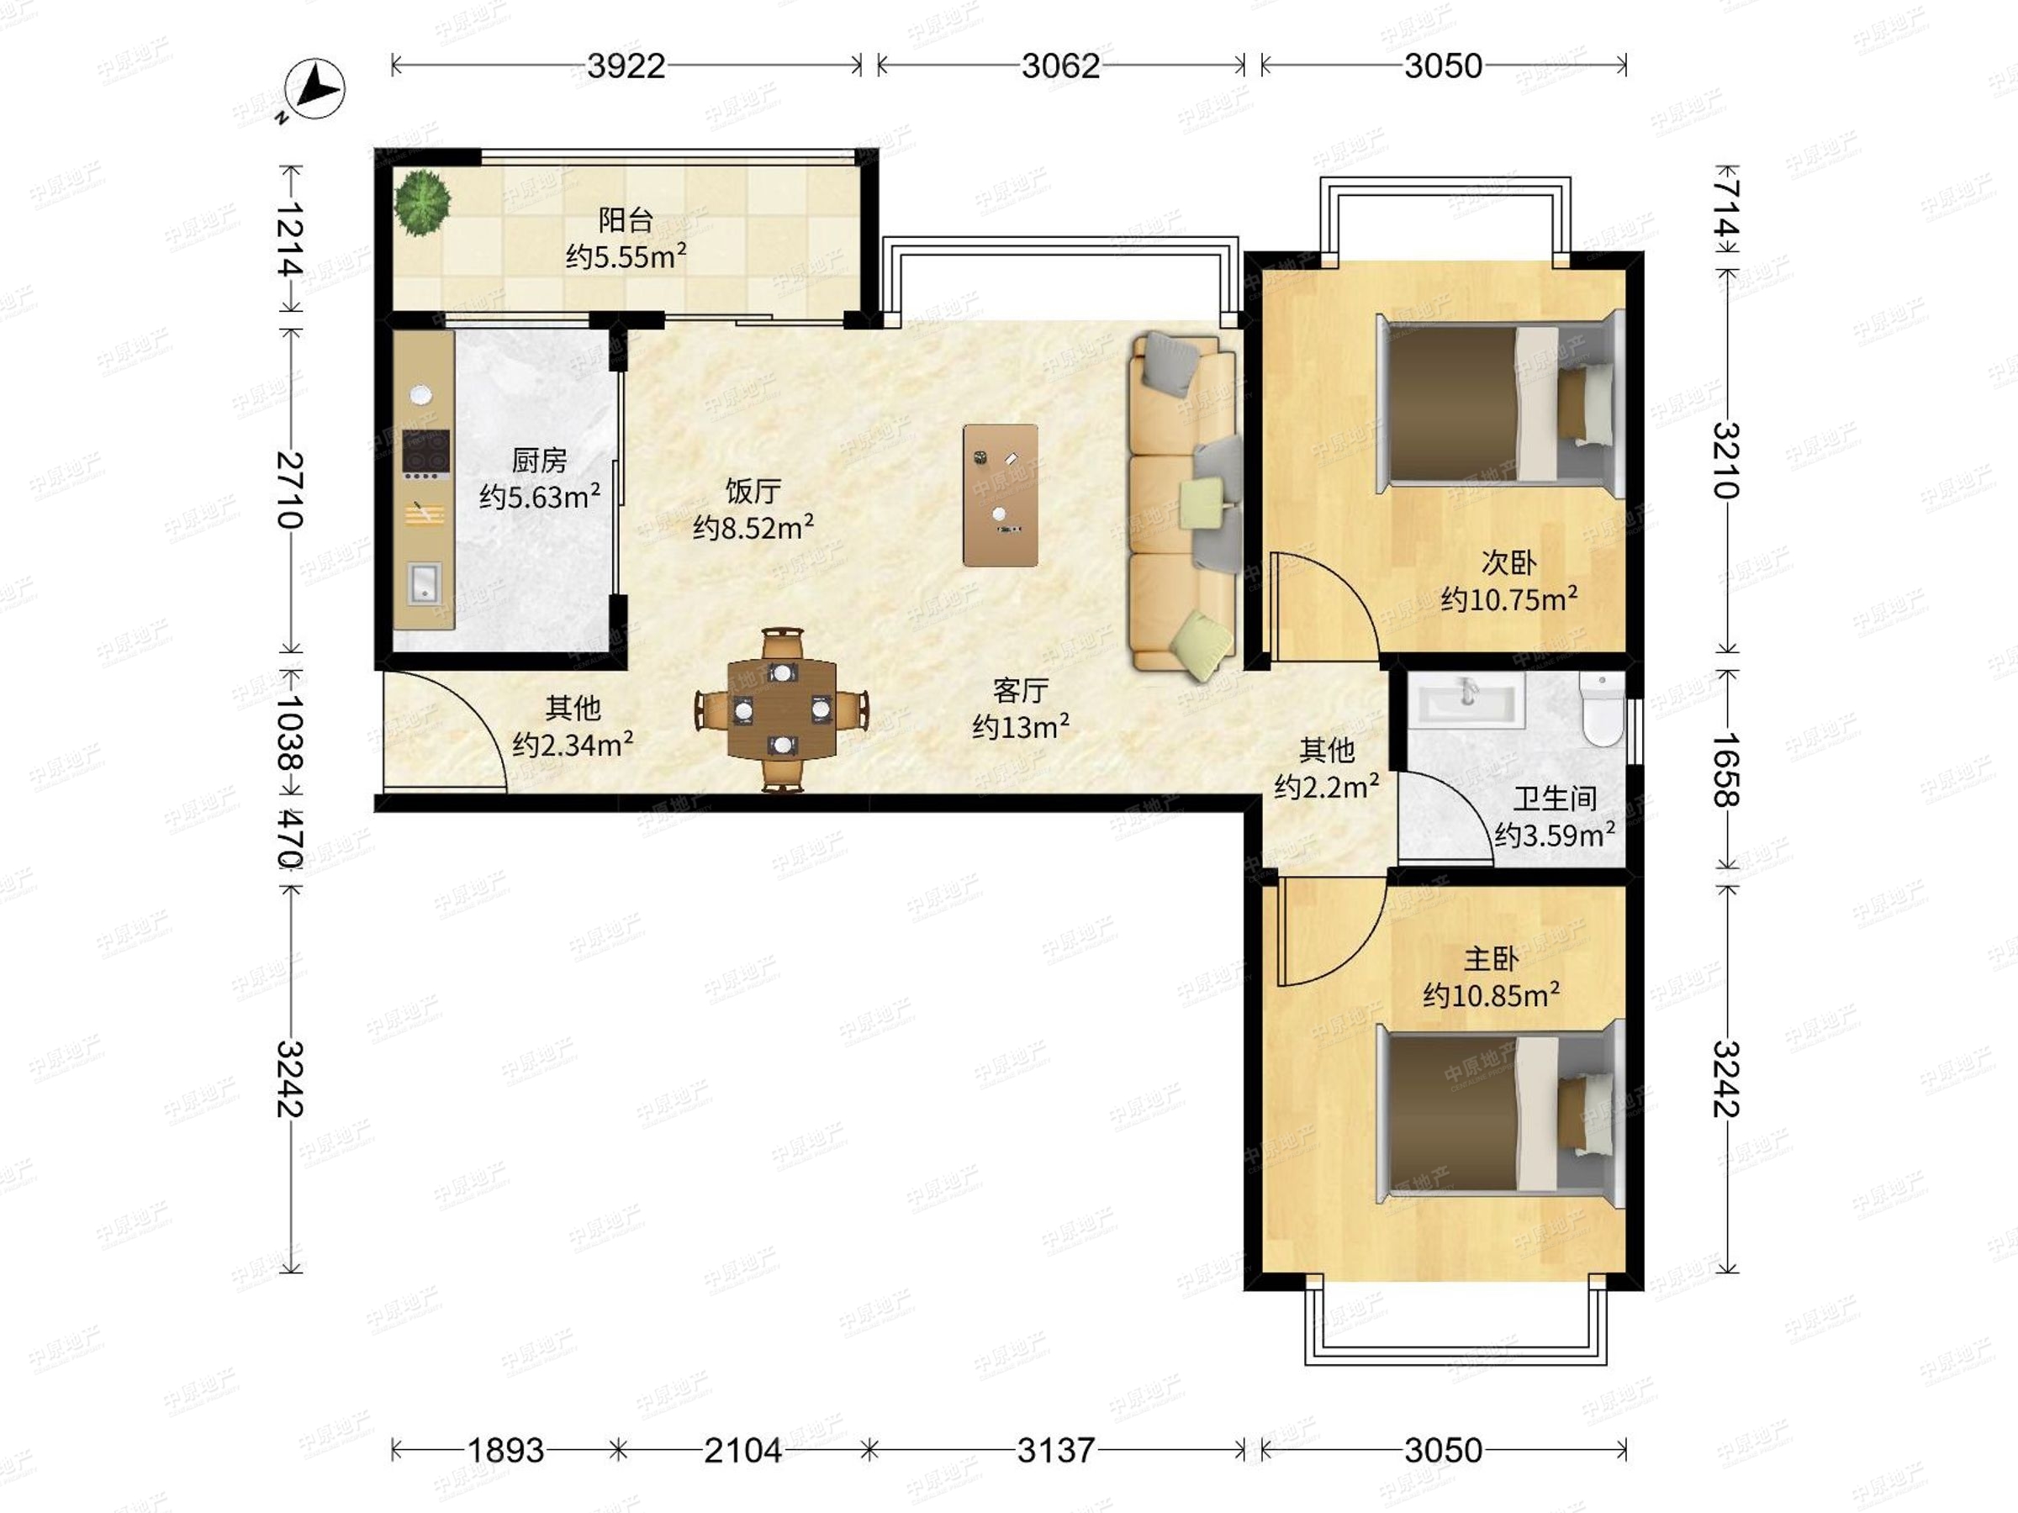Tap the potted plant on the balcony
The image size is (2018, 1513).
click(x=422, y=203)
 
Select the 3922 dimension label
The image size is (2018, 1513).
click(x=626, y=66)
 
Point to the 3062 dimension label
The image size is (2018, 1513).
click(x=1060, y=66)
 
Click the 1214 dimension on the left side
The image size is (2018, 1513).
click(x=290, y=239)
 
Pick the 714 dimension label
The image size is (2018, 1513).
click(x=1726, y=207)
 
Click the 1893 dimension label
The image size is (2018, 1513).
click(x=505, y=1450)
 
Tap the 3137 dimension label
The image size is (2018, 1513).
click(x=1055, y=1450)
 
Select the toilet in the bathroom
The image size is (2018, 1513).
click(x=1602, y=710)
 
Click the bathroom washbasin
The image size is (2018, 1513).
click(x=1470, y=700)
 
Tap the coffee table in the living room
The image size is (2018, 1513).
click(x=1001, y=495)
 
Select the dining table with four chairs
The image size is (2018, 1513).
click(x=782, y=709)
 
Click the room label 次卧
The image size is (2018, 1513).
click(x=1509, y=561)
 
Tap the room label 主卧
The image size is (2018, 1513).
click(x=1491, y=958)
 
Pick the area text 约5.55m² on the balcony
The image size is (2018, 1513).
click(x=626, y=256)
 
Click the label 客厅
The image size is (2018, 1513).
click(x=1020, y=690)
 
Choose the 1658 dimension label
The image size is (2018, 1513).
click(x=1726, y=770)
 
